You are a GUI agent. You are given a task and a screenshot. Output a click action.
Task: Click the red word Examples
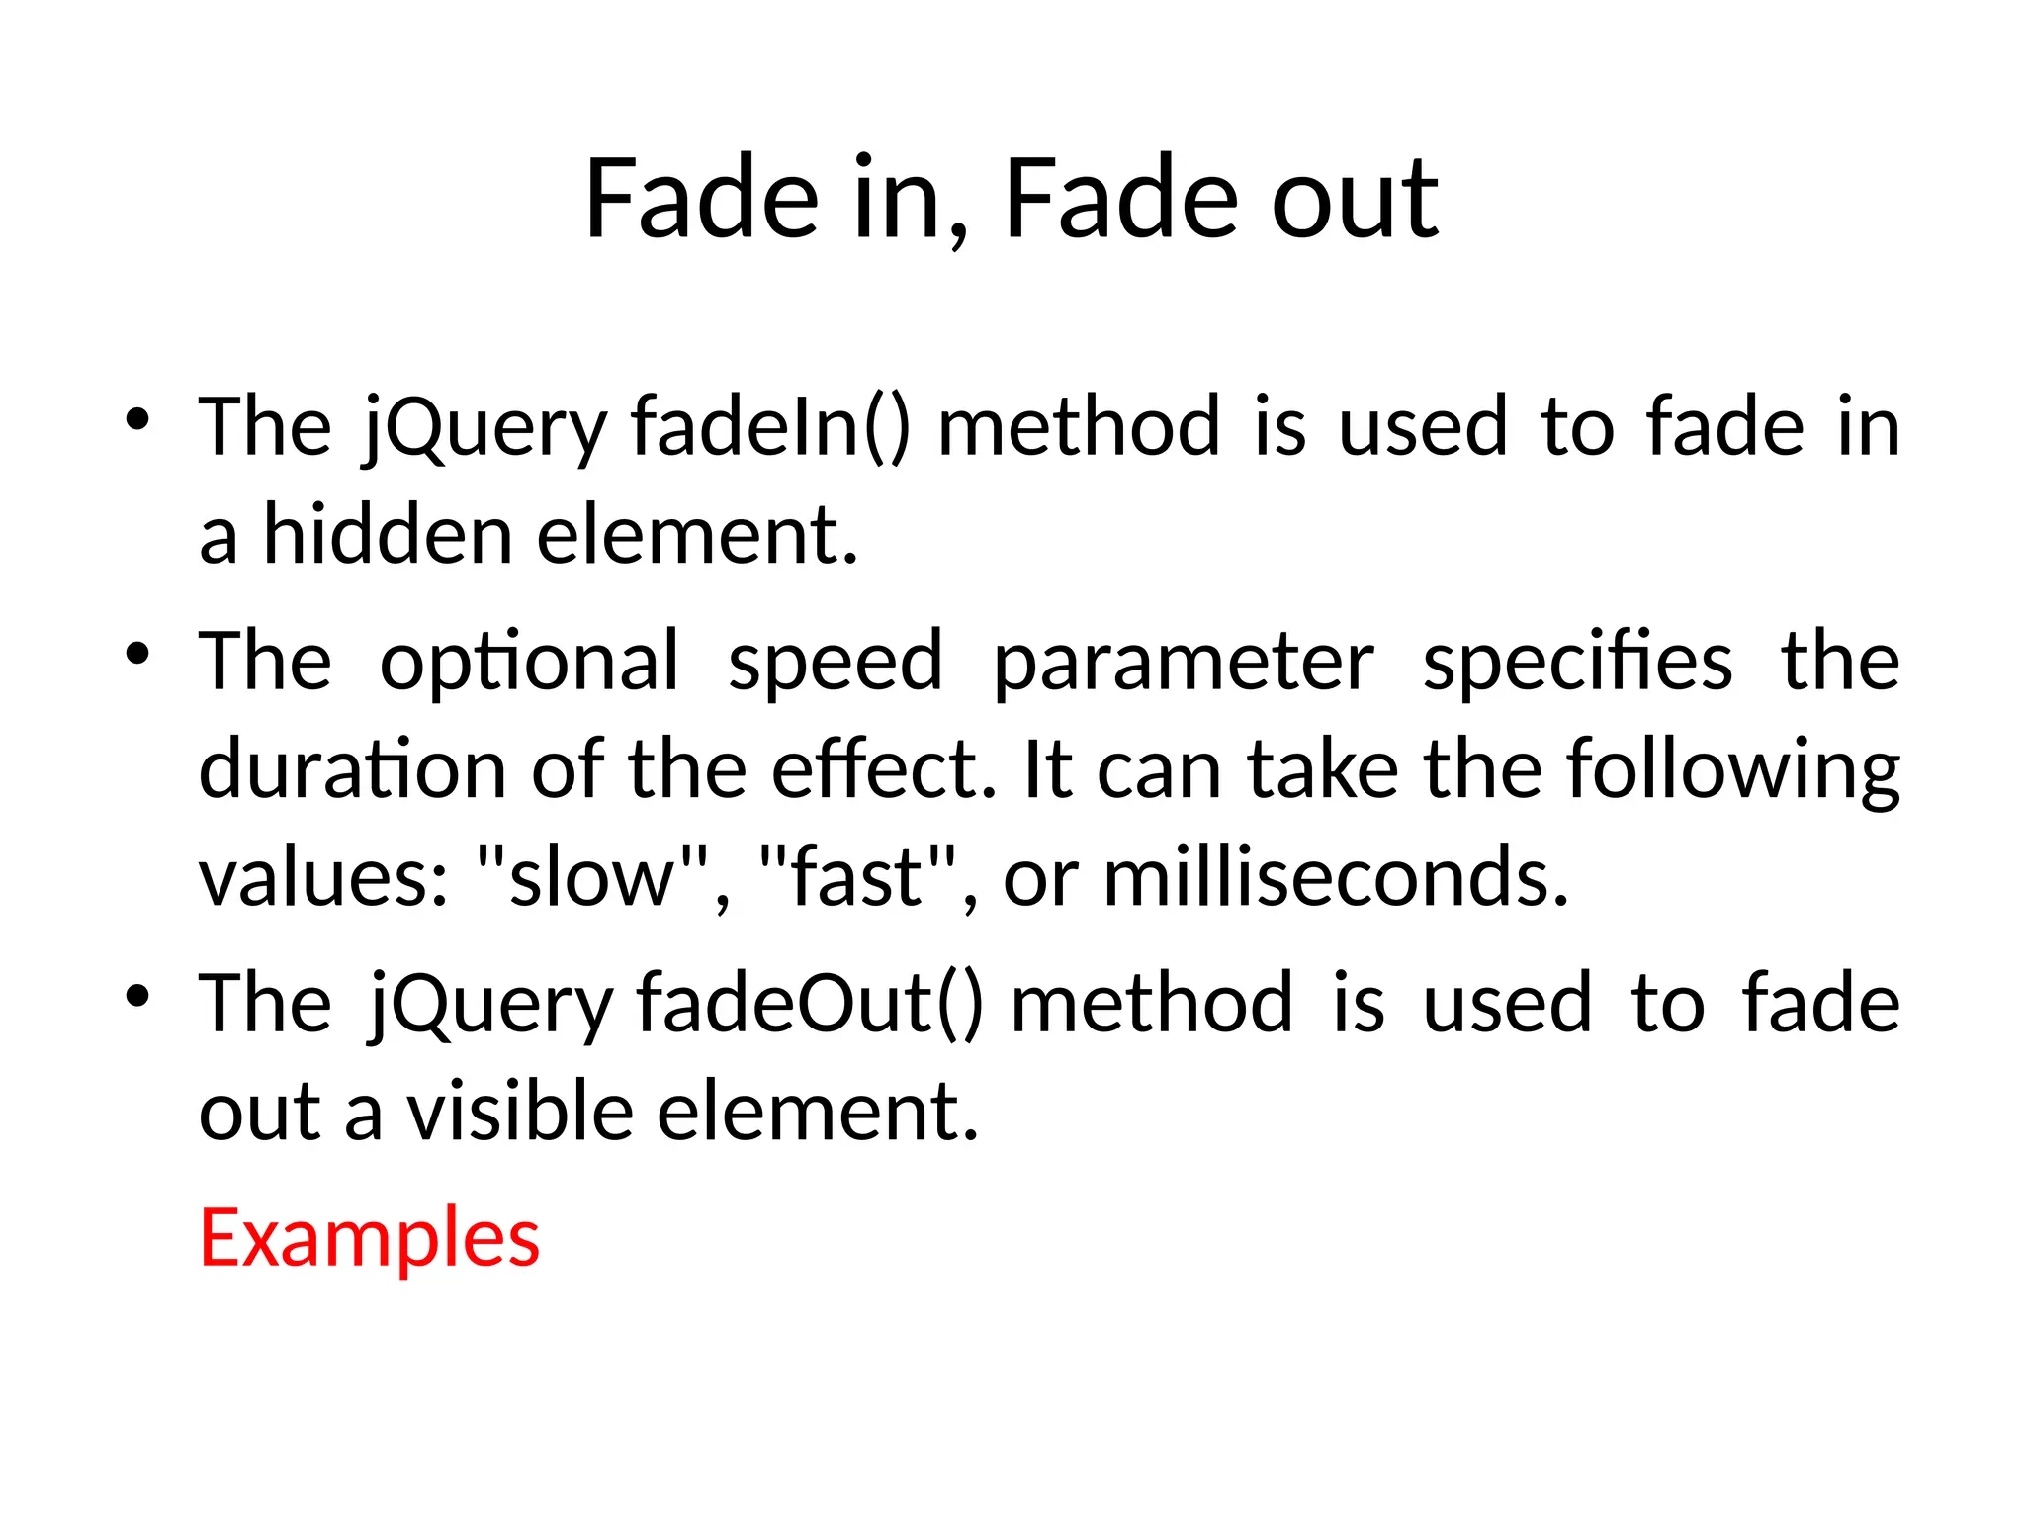pyautogui.click(x=369, y=1238)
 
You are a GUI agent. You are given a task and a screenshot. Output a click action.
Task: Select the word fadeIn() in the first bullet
pyautogui.click(x=770, y=427)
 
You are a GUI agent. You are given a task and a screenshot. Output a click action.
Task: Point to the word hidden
pyautogui.click(x=387, y=535)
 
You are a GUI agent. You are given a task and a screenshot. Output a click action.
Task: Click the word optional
pyautogui.click(x=530, y=661)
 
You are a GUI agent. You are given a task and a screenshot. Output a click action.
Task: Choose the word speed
pyautogui.click(x=836, y=661)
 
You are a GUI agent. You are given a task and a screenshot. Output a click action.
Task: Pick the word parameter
pyautogui.click(x=1183, y=661)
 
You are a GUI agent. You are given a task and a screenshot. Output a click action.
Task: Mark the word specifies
pyautogui.click(x=1577, y=661)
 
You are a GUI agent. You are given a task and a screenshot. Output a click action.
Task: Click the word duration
pyautogui.click(x=353, y=769)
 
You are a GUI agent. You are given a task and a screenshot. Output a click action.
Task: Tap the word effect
pyautogui.click(x=882, y=769)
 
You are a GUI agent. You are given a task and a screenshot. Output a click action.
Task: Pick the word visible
pyautogui.click(x=520, y=1112)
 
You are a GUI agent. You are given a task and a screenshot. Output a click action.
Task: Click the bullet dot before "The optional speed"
pyautogui.click(x=137, y=653)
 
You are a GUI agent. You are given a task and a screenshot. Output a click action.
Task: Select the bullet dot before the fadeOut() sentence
pyautogui.click(x=137, y=995)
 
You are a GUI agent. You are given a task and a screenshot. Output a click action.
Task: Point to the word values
pyautogui.click(x=324, y=877)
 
